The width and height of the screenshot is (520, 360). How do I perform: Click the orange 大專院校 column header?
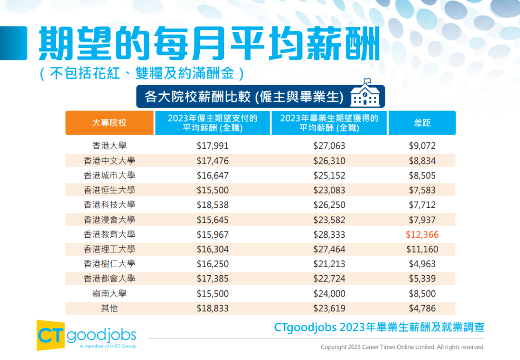tap(109, 123)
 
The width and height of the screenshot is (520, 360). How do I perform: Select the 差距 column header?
tap(422, 123)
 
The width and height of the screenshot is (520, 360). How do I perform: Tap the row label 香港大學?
tap(109, 145)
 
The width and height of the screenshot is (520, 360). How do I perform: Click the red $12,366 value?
tap(422, 234)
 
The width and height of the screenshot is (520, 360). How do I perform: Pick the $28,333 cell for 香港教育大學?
tap(329, 234)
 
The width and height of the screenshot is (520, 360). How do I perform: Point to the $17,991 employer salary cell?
tap(212, 145)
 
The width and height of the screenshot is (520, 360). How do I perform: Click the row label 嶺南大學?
tap(109, 294)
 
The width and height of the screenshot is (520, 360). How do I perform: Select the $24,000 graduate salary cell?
tap(329, 294)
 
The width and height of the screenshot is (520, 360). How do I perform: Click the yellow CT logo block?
tap(51, 335)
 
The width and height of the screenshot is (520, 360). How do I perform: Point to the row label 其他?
tap(109, 309)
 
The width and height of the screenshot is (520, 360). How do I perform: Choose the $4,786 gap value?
tap(422, 309)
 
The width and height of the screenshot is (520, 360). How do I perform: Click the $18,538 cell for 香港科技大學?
tap(212, 205)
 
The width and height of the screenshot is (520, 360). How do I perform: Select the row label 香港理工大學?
tap(109, 249)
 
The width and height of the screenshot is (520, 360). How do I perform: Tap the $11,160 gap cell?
tap(422, 249)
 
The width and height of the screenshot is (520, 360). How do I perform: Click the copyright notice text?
tap(403, 347)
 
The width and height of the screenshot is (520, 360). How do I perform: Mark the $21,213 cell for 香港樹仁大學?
tap(329, 264)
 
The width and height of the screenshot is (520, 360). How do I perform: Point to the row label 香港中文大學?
tap(109, 160)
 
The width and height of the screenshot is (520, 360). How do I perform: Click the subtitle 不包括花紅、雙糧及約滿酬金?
tap(142, 73)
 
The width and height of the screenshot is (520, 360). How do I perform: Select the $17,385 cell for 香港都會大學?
tap(212, 279)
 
